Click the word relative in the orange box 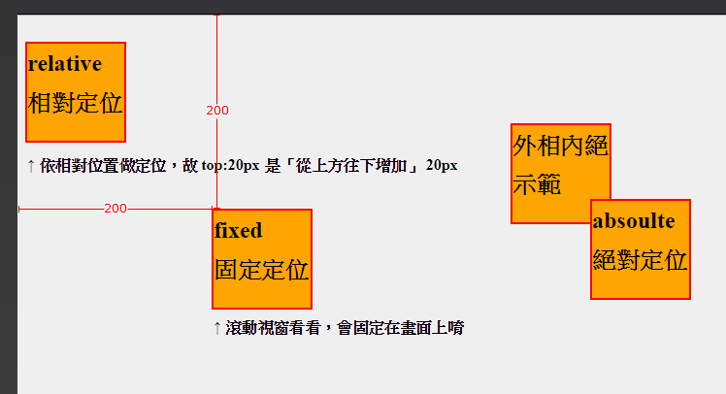click(x=65, y=65)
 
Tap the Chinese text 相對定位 click(x=76, y=103)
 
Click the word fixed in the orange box click(x=239, y=231)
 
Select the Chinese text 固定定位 click(x=262, y=270)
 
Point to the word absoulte click(x=634, y=221)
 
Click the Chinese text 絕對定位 click(x=641, y=260)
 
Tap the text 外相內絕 click(x=561, y=147)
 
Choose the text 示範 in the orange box click(x=537, y=184)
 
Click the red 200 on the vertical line click(x=217, y=111)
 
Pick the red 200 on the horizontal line click(x=115, y=209)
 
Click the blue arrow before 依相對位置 click(x=31, y=166)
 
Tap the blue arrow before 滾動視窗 click(x=216, y=328)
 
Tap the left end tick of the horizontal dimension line click(x=19, y=209)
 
